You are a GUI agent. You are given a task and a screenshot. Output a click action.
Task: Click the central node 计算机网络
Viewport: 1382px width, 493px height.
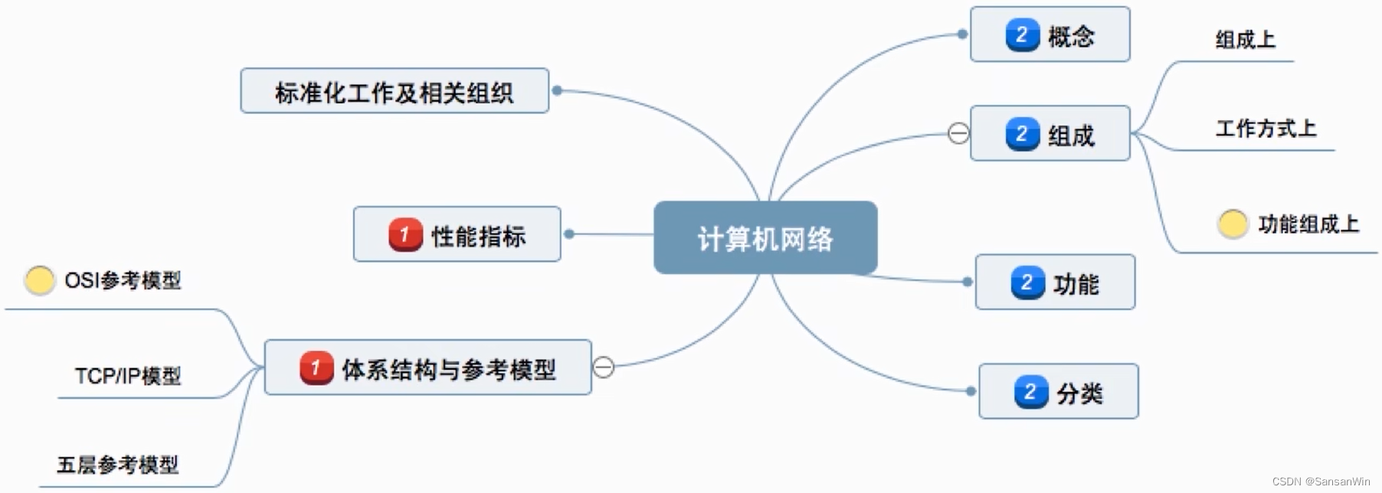pyautogui.click(x=765, y=238)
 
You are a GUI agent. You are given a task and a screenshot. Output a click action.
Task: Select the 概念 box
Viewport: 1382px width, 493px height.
pyautogui.click(x=1050, y=34)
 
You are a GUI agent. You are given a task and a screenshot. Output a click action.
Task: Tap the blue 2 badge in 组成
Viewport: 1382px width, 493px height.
pyautogui.click(x=1022, y=134)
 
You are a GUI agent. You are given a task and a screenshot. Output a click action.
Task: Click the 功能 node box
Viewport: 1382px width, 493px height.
pyautogui.click(x=1055, y=282)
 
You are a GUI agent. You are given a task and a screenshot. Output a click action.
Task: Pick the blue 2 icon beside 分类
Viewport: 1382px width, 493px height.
pyautogui.click(x=1030, y=392)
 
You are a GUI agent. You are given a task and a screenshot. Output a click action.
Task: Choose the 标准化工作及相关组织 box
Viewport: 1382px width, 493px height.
pyautogui.click(x=394, y=91)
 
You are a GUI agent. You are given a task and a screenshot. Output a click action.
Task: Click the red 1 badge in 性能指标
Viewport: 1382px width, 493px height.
pyautogui.click(x=405, y=234)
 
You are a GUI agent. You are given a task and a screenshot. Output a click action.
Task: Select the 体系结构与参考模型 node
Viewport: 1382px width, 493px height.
pyautogui.click(x=427, y=368)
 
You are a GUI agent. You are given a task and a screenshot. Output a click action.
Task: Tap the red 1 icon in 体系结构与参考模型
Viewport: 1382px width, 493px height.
pyautogui.click(x=316, y=368)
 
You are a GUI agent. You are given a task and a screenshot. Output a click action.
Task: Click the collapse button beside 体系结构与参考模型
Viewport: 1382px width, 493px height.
pyautogui.click(x=604, y=367)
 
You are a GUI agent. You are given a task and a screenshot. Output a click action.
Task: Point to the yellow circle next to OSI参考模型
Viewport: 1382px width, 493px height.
pyautogui.click(x=39, y=280)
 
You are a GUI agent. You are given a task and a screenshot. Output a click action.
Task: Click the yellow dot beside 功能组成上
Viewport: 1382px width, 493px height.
pyautogui.click(x=1233, y=224)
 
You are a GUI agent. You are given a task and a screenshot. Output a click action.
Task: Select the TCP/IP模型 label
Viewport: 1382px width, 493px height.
pyautogui.click(x=128, y=376)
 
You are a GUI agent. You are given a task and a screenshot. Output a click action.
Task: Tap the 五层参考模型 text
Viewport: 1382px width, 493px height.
pyautogui.click(x=117, y=465)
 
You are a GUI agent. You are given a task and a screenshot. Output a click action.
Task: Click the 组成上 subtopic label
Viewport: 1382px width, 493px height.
pyautogui.click(x=1245, y=39)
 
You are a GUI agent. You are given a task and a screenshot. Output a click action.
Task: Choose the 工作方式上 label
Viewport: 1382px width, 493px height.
pyautogui.click(x=1266, y=128)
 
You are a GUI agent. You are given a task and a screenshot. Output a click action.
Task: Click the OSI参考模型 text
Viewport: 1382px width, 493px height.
pyautogui.click(x=123, y=281)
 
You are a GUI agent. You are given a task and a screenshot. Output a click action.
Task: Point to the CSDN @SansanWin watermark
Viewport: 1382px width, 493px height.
pyautogui.click(x=1321, y=482)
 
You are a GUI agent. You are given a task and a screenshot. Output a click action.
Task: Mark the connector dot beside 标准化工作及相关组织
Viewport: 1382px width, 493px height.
pyautogui.click(x=557, y=90)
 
